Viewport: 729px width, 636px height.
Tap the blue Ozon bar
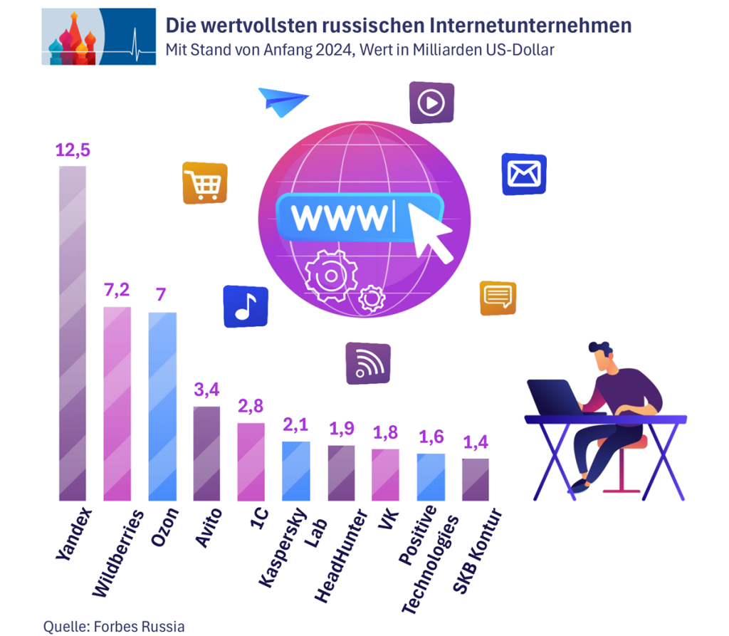coord(162,406)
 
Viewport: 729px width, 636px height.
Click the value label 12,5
coord(73,151)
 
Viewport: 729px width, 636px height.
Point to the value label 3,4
coord(207,391)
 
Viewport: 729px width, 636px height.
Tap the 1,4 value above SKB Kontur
coord(476,443)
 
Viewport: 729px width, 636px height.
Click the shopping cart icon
coord(205,183)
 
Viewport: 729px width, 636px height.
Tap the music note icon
coord(246,307)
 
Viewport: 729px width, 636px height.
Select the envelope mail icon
coord(524,174)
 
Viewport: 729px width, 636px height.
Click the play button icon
coord(431,103)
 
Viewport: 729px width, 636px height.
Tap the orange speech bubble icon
coord(498,298)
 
